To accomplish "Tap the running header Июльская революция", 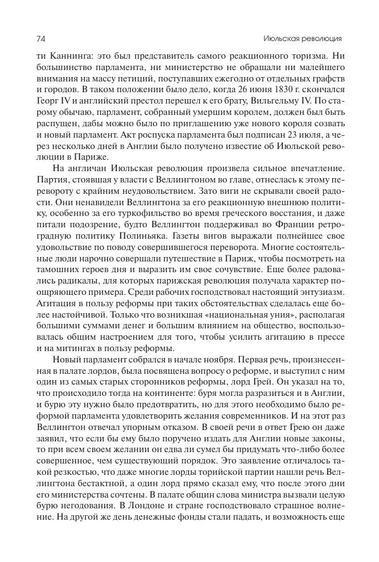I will click(x=310, y=38).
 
